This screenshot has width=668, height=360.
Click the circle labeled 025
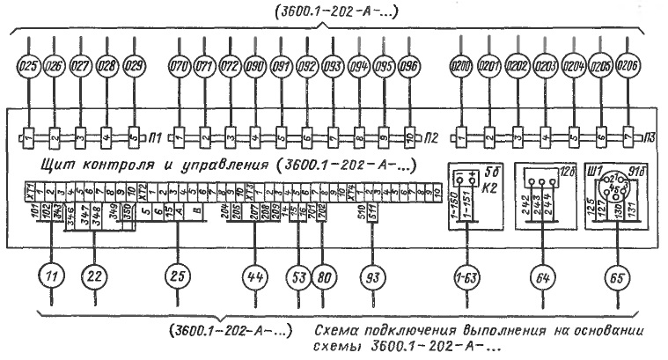[29, 65]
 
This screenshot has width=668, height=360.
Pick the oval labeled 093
[333, 65]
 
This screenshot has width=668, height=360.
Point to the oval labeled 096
[409, 65]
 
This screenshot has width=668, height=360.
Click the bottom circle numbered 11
[53, 276]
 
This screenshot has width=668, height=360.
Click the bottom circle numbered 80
[323, 276]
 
